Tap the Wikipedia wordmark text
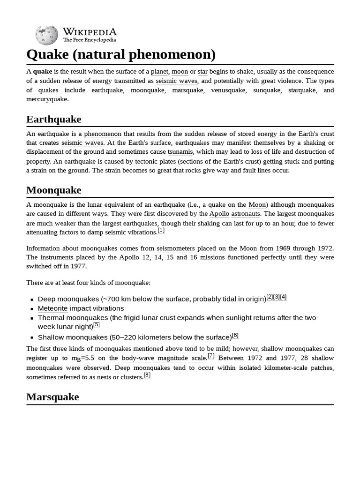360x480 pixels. [x=90, y=32]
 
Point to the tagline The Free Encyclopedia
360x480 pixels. [x=90, y=40]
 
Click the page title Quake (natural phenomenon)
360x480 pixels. [x=121, y=54]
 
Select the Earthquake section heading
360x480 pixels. [x=53, y=119]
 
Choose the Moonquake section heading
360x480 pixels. [x=53, y=190]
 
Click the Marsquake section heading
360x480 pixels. [x=52, y=397]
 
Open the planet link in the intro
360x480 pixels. [x=159, y=72]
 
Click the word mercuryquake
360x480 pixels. [x=47, y=99]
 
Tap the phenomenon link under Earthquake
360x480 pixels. [x=103, y=134]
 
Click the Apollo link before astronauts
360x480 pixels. [x=219, y=214]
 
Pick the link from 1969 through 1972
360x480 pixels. [x=296, y=248]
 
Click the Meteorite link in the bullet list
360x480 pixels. [x=52, y=308]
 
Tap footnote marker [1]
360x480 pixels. [x=161, y=230]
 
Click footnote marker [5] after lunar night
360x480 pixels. [x=97, y=324]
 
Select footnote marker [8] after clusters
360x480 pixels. [x=147, y=375]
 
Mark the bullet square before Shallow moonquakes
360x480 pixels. [x=32, y=337]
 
